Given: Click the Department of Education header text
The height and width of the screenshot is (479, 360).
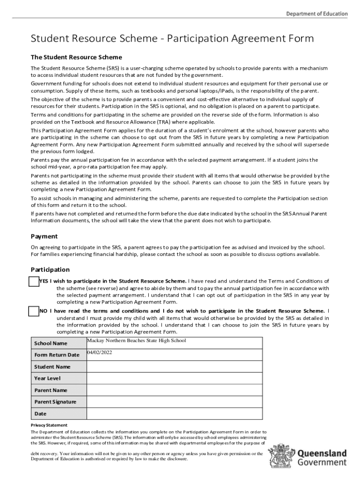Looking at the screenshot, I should pos(317,14).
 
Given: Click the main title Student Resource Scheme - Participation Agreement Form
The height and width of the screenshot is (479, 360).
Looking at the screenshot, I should pos(172,38).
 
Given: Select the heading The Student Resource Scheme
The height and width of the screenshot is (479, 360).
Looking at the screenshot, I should pos(76,57).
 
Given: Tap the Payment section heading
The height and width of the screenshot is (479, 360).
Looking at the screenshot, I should pos(44,236).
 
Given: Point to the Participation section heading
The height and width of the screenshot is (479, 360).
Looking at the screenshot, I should pos(50,269).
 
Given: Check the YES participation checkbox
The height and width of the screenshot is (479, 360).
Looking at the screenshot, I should pos(34,281).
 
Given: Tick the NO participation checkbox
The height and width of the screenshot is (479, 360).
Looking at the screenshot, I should pos(34,311).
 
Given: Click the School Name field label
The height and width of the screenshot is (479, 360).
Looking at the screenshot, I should pos(50,343).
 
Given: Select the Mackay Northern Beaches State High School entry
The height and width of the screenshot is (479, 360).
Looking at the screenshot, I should pos(137,341).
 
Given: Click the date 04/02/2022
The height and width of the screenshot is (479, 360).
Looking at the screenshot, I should pos(100,352).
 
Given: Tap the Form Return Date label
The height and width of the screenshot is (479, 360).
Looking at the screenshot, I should pos(57,355).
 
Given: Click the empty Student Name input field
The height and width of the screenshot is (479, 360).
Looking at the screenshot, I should pos(174,367).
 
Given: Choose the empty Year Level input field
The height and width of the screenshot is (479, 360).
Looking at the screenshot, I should pos(174,378).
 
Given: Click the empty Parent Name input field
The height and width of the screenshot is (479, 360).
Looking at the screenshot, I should pos(174,390).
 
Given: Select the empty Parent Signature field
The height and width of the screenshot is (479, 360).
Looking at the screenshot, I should pos(174,402).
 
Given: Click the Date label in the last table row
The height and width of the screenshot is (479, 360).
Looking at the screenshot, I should pos(40,414).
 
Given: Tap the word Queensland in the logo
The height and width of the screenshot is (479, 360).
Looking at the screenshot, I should pos(322,453).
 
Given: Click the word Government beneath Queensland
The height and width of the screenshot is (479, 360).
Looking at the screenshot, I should pos(322,463).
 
